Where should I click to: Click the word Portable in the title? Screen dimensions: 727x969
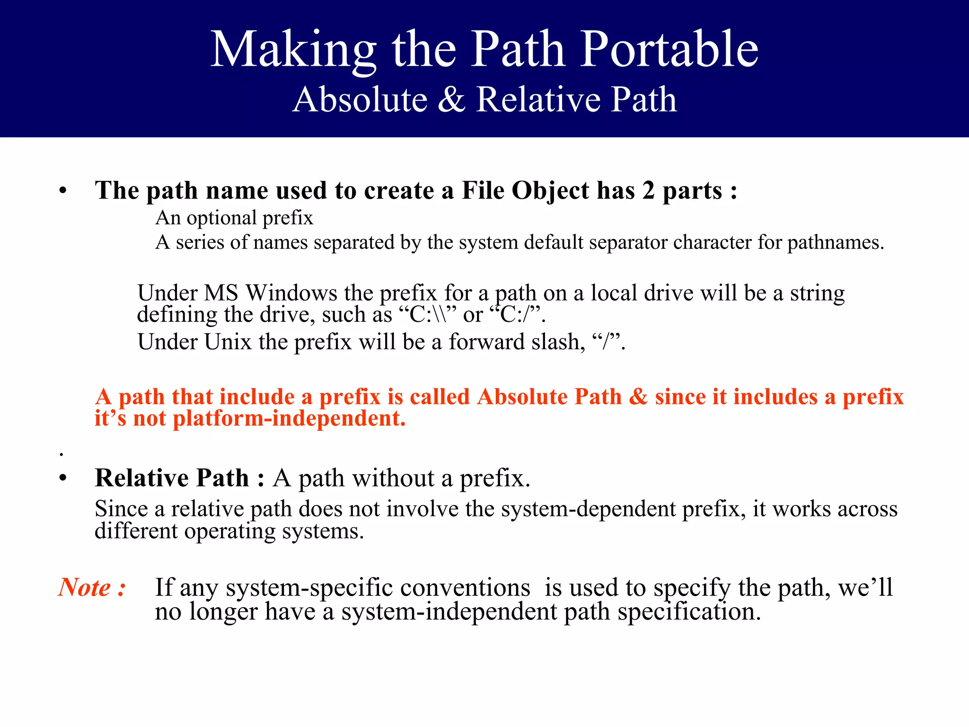pos(669,49)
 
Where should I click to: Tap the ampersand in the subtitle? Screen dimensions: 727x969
pos(451,99)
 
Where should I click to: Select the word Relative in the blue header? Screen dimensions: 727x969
pos(538,99)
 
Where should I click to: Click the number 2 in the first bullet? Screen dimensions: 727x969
pos(648,190)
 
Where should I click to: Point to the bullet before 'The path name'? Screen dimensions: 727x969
pos(63,192)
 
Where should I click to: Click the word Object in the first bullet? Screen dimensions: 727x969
pos(550,191)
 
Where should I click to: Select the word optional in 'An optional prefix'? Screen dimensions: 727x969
pos(221,218)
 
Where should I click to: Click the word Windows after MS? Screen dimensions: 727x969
pos(291,293)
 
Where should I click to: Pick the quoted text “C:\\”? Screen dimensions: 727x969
pos(428,315)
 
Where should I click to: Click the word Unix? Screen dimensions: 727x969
pos(228,342)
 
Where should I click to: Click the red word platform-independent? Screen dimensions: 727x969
pos(289,419)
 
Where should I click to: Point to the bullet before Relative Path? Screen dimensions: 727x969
pos(63,478)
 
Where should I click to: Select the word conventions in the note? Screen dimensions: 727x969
pos(465,587)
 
